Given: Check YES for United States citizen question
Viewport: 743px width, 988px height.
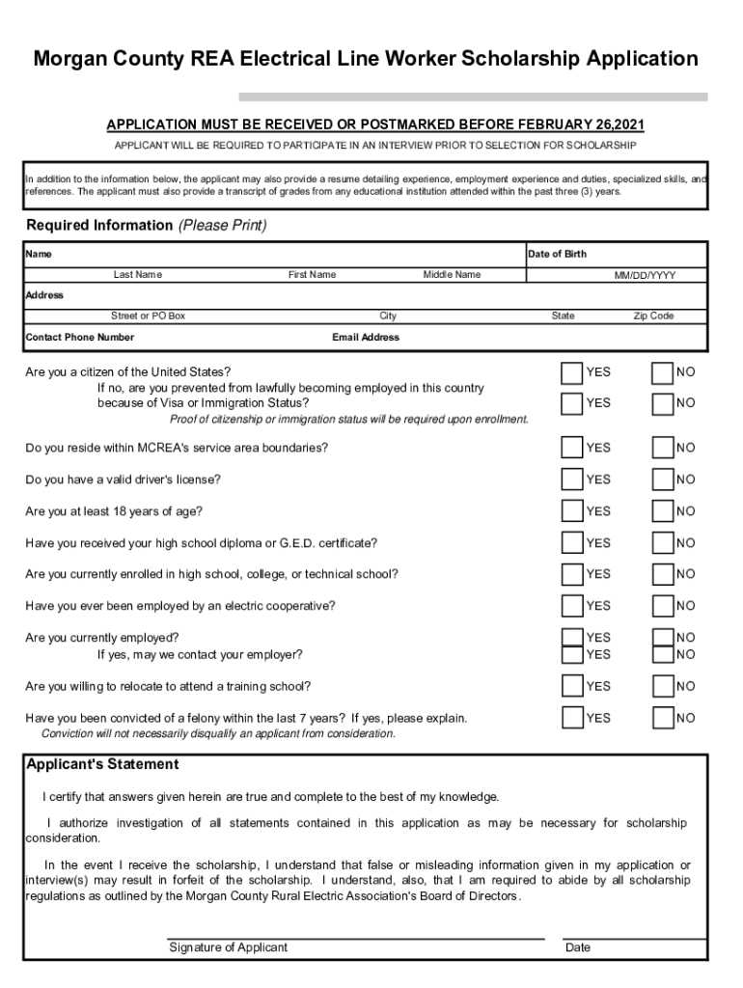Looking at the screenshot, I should click(x=572, y=372).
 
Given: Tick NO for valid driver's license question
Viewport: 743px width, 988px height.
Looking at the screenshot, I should click(x=662, y=480).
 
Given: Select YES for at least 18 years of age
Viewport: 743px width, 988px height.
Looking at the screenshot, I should click(x=572, y=511).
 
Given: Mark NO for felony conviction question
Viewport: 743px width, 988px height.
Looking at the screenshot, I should click(x=662, y=718).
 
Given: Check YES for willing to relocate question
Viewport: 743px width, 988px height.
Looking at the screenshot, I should click(x=572, y=686).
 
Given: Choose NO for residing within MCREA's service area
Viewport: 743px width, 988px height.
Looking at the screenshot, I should click(x=662, y=448).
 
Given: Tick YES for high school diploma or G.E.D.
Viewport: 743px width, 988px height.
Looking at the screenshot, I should click(x=572, y=543).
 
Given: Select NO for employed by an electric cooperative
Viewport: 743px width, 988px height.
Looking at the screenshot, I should click(x=662, y=606).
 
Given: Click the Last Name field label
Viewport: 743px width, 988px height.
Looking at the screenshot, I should click(x=138, y=275).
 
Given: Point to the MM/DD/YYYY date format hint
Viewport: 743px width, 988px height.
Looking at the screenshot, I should click(x=646, y=276).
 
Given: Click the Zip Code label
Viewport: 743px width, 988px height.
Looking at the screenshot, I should click(x=653, y=316).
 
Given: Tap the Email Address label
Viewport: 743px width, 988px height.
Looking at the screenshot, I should click(x=366, y=338).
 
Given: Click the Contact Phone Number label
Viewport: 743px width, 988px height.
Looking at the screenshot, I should click(x=80, y=338).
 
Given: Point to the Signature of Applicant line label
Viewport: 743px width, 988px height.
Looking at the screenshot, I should click(x=229, y=947).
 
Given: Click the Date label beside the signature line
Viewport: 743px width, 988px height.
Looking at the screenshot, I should click(x=578, y=947).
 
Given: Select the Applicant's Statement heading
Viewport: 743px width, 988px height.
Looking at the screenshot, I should click(x=102, y=764).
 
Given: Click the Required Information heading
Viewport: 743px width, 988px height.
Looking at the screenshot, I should click(x=99, y=226).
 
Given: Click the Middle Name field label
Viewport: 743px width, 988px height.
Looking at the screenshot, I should click(x=452, y=275).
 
